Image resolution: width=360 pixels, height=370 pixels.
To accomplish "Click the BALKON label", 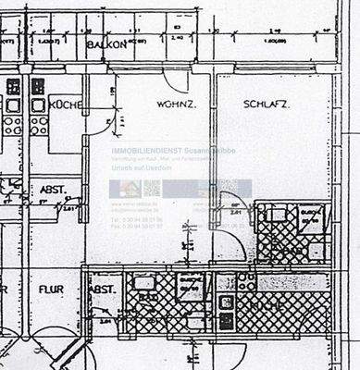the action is [x=106, y=44].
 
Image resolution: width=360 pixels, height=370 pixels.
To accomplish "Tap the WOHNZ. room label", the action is [x=174, y=105].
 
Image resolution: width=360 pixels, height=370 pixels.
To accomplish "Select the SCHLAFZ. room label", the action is [x=267, y=105].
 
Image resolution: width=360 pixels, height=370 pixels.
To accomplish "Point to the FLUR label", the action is [x=51, y=289].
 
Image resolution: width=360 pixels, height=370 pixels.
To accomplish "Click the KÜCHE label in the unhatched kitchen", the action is [x=66, y=105].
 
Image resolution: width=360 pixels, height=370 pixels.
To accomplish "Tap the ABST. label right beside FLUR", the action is [x=101, y=289].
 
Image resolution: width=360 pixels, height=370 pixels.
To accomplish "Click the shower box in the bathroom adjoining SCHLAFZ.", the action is [x=310, y=220].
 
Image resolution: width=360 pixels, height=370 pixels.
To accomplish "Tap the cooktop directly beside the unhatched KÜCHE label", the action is [x=40, y=105].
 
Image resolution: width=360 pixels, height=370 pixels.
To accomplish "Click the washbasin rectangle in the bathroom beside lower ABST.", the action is [x=143, y=284].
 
